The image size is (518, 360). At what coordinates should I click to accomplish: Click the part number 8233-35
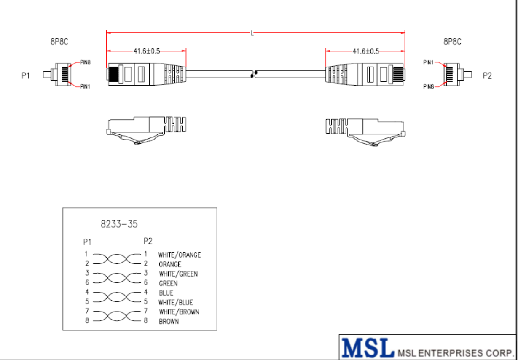click(119, 224)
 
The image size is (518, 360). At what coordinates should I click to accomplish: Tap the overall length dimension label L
click(252, 33)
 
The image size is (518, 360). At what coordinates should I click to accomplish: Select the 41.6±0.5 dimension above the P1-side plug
click(147, 51)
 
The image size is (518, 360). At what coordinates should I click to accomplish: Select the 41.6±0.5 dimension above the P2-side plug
click(366, 51)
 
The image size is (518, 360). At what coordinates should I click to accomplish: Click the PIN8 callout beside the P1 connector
click(85, 62)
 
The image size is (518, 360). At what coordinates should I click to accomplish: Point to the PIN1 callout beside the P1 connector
click(85, 87)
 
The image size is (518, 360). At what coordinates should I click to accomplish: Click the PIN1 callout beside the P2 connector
click(428, 62)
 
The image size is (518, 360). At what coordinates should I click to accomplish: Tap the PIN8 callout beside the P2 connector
click(429, 87)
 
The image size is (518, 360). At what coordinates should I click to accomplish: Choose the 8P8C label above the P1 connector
click(59, 42)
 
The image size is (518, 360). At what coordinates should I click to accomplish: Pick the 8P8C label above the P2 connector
click(452, 42)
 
